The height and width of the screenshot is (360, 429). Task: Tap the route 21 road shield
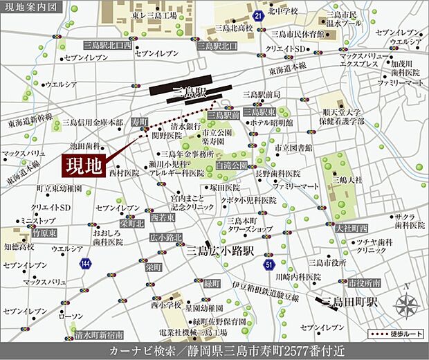pos(257,15)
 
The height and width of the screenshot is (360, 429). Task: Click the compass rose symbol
pos(405,304)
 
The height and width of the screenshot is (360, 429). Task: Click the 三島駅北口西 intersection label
pos(107,44)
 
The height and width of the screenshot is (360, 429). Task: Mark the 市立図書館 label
pos(293,148)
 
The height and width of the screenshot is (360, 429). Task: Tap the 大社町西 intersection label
pos(354,227)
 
